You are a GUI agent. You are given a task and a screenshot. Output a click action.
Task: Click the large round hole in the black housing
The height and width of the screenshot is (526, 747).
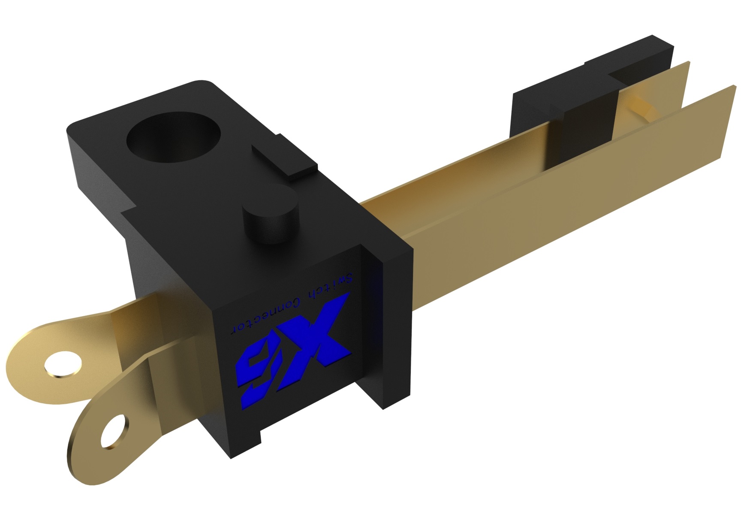[x=174, y=136]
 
